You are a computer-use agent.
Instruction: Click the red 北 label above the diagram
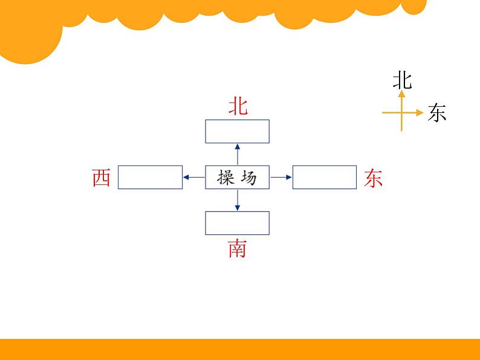pyautogui.click(x=238, y=106)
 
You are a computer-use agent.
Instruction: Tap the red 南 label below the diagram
pyautogui.click(x=237, y=248)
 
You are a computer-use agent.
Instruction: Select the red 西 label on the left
pyautogui.click(x=102, y=178)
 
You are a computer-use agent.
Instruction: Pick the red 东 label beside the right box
pyautogui.click(x=374, y=178)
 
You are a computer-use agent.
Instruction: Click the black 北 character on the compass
pyautogui.click(x=402, y=80)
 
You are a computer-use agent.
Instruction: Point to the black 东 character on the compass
pyautogui.click(x=436, y=113)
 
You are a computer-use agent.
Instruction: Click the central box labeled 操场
pyautogui.click(x=237, y=177)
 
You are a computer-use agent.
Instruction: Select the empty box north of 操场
pyautogui.click(x=237, y=131)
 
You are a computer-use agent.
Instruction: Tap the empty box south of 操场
pyautogui.click(x=237, y=223)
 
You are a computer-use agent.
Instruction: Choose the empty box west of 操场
pyautogui.click(x=150, y=177)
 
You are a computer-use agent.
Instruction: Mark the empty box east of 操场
pyautogui.click(x=325, y=177)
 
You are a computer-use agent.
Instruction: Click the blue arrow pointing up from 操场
pyautogui.click(x=237, y=153)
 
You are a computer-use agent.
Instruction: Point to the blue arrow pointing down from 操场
pyautogui.click(x=237, y=200)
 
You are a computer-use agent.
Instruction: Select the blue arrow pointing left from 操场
pyautogui.click(x=193, y=177)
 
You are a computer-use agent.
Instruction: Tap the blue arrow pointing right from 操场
pyautogui.click(x=281, y=177)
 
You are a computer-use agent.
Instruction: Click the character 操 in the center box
pyautogui.click(x=225, y=178)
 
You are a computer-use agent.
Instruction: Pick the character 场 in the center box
pyautogui.click(x=248, y=178)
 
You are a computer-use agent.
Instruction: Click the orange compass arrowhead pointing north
pyautogui.click(x=401, y=94)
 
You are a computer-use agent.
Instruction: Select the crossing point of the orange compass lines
pyautogui.click(x=401, y=112)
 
